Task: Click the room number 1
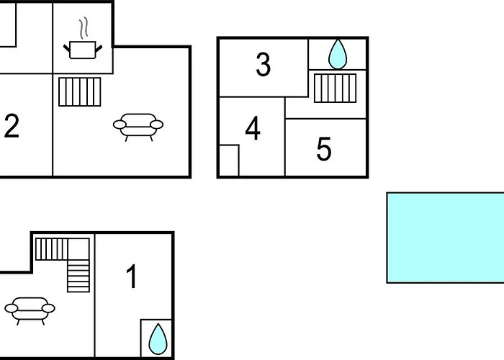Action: pyautogui.click(x=132, y=276)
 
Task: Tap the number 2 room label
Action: pyautogui.click(x=12, y=126)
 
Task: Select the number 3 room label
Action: pyautogui.click(x=264, y=65)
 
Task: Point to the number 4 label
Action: pyautogui.click(x=253, y=128)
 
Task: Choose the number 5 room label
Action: pyautogui.click(x=324, y=149)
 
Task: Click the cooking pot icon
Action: pyautogui.click(x=83, y=50)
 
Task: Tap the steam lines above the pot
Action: pyautogui.click(x=84, y=28)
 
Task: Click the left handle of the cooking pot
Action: pyautogui.click(x=66, y=48)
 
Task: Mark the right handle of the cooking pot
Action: pyautogui.click(x=99, y=48)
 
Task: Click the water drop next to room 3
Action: pyautogui.click(x=338, y=54)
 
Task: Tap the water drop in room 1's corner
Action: pyautogui.click(x=158, y=339)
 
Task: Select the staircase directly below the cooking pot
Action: pyautogui.click(x=80, y=92)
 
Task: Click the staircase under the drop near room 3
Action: pyautogui.click(x=336, y=89)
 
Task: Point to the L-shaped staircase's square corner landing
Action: pyautogui.click(x=78, y=249)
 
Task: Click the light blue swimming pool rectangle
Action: pyautogui.click(x=445, y=238)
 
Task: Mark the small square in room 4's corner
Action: pyautogui.click(x=229, y=161)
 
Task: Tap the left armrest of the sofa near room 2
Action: pyautogui.click(x=120, y=125)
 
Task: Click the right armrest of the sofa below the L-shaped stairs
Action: pyautogui.click(x=48, y=308)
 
